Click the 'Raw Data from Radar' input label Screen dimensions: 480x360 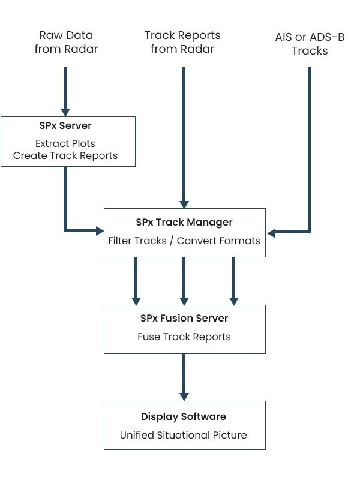tap(66, 43)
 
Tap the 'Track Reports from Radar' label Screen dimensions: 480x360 tap(182, 43)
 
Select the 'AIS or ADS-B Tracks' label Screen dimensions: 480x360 tap(310, 44)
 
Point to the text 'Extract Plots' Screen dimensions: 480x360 tap(66, 144)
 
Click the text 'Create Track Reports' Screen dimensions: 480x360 tap(66, 156)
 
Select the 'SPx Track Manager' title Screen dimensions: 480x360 tap(184, 222)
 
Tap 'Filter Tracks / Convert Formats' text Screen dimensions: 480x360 tap(184, 241)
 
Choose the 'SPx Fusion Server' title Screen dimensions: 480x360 tap(184, 318)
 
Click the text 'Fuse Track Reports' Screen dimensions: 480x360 tap(184, 337)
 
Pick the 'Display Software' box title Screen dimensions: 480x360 tap(184, 416)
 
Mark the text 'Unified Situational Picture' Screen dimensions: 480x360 tap(184, 435)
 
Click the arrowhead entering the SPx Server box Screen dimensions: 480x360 tap(65, 112)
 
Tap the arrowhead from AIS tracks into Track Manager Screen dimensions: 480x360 tap(271, 231)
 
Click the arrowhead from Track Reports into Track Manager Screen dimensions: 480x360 tap(184, 204)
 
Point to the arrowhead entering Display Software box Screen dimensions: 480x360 tap(184, 397)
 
